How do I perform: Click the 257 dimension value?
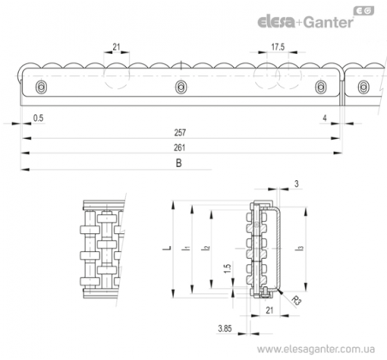pyautogui.click(x=180, y=133)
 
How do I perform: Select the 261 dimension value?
pyautogui.click(x=180, y=147)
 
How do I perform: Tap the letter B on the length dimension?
pyautogui.click(x=179, y=163)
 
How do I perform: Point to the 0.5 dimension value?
pyautogui.click(x=39, y=117)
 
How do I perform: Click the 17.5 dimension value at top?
pyautogui.click(x=277, y=47)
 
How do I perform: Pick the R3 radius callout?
pyautogui.click(x=296, y=301)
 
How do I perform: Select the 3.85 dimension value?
pyautogui.click(x=225, y=328)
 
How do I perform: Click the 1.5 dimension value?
pyautogui.click(x=228, y=268)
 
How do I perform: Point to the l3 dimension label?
pyautogui.click(x=301, y=249)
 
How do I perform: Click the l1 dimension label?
pyautogui.click(x=186, y=249)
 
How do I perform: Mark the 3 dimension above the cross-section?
pyautogui.click(x=296, y=183)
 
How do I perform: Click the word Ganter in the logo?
pyautogui.click(x=328, y=22)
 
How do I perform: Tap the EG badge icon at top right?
pyautogui.click(x=364, y=11)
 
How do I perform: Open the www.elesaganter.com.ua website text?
pyautogui.click(x=316, y=349)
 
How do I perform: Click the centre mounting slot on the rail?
pyautogui.click(x=181, y=87)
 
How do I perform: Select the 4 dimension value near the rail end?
pyautogui.click(x=324, y=118)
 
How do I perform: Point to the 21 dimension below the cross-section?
pyautogui.click(x=270, y=310)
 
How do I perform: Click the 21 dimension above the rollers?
pyautogui.click(x=116, y=47)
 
